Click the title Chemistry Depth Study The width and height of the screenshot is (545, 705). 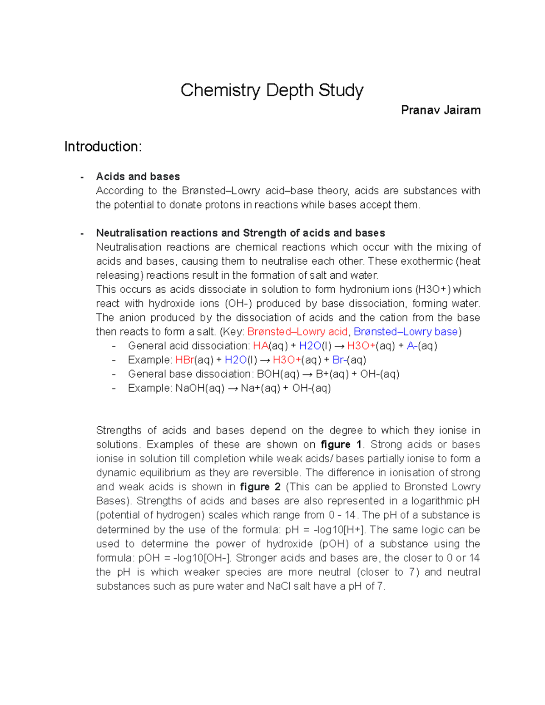(x=272, y=90)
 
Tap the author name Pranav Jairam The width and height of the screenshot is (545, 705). (x=441, y=110)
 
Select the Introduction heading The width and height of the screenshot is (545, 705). (x=103, y=147)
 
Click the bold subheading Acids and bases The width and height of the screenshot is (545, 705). (x=138, y=177)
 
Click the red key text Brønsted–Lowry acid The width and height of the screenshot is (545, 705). (x=297, y=332)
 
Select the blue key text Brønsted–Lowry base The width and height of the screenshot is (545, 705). (x=406, y=332)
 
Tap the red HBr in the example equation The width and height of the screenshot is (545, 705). (x=184, y=360)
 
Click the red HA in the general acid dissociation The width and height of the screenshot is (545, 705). (x=261, y=346)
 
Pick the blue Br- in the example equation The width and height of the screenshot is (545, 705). (x=340, y=360)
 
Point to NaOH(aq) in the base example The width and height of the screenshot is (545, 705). (x=200, y=388)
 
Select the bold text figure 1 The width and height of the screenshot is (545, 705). (x=341, y=444)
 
